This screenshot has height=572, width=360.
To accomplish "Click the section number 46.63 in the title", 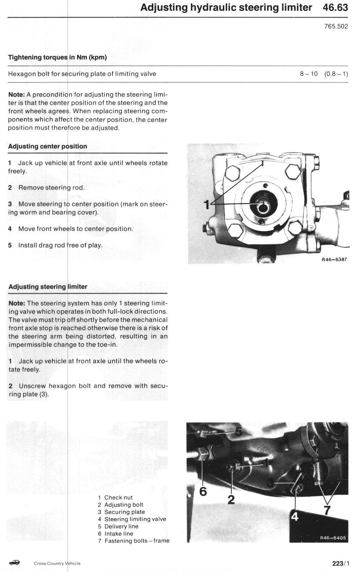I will click(335, 8).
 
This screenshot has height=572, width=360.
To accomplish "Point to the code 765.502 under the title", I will click(336, 27).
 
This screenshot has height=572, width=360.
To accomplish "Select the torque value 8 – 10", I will click(309, 74).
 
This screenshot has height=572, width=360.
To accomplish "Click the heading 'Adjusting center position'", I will click(47, 146).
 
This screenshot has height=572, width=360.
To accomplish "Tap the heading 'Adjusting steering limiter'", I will click(47, 287).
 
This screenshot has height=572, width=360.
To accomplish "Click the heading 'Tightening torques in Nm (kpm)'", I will click(57, 57).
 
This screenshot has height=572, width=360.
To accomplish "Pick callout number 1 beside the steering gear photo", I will click(207, 204).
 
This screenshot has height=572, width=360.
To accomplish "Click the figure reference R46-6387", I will click(334, 260).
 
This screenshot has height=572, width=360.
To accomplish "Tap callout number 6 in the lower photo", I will click(203, 491).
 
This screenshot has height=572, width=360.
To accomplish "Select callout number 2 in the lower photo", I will click(231, 499).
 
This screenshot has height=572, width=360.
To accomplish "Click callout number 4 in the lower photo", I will click(295, 516).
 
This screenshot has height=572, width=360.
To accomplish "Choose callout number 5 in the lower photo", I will click(238, 432).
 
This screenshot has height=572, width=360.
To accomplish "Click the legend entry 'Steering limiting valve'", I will click(135, 519).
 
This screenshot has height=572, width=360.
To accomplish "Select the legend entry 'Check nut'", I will click(118, 497).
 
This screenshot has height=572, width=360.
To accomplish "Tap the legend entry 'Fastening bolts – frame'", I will click(137, 541).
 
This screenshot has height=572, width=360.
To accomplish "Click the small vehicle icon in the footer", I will click(14, 563).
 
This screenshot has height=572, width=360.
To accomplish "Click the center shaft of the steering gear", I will click(262, 207).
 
